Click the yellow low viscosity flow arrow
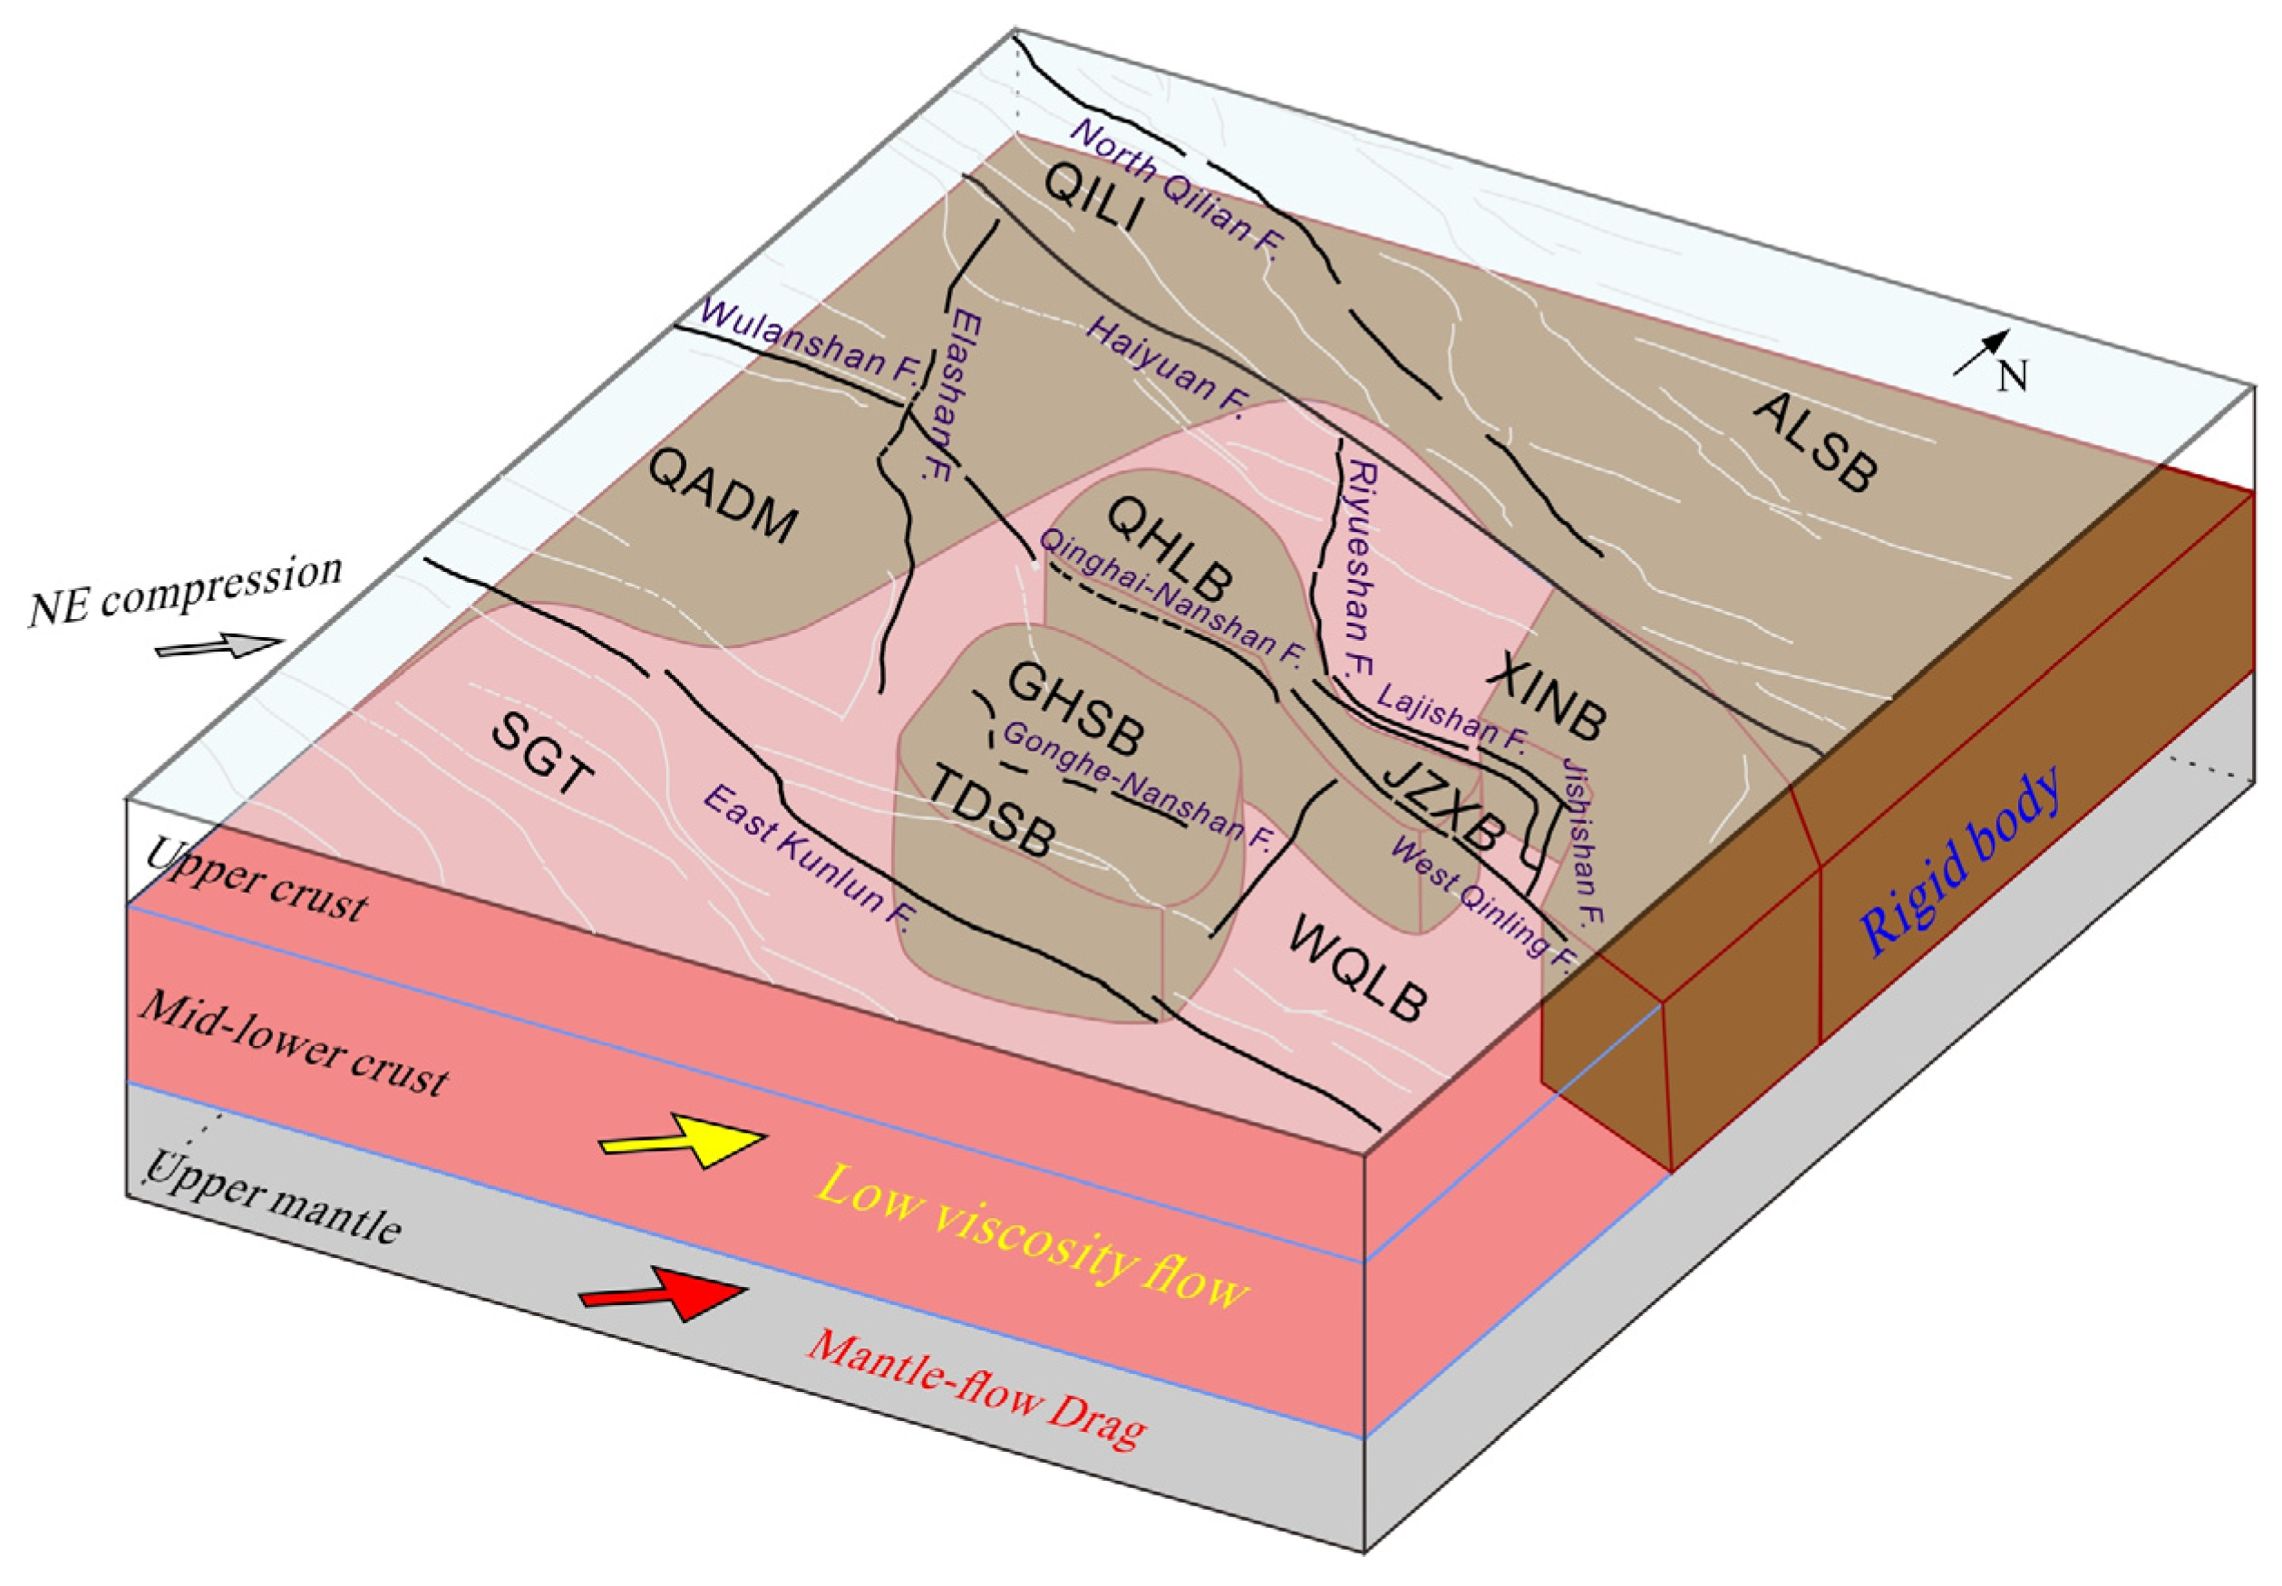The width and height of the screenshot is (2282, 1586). click(x=684, y=1141)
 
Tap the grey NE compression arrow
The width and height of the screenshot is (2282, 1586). click(x=218, y=647)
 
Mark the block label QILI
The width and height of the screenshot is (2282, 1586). click(x=1093, y=198)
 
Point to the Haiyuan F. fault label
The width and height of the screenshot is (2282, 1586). click(x=1168, y=363)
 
